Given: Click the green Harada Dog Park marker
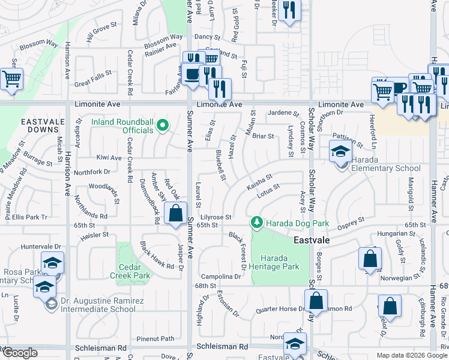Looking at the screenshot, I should (257, 223).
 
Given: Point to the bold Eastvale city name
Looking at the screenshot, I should (313, 239).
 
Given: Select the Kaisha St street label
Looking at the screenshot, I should (259, 182).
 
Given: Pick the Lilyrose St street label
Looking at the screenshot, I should (216, 217).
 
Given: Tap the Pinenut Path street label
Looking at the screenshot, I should (155, 338).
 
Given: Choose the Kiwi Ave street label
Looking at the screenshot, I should (109, 158).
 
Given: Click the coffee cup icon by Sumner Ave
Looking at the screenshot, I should (191, 75).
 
